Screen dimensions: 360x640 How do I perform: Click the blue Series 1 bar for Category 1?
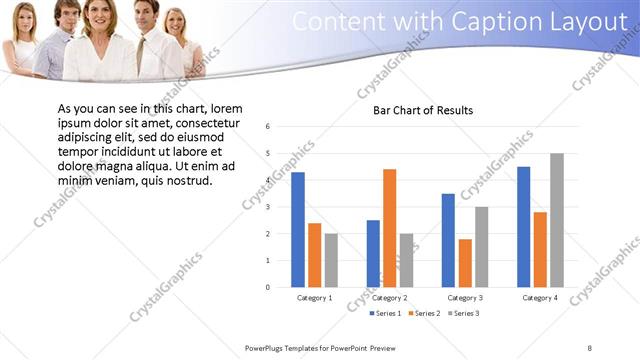click(x=298, y=230)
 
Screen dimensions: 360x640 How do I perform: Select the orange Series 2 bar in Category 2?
click(x=389, y=228)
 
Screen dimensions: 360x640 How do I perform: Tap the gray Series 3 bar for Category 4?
click(x=557, y=220)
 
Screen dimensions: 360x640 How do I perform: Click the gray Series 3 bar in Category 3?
click(x=482, y=247)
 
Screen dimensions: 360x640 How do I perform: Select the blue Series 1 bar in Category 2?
click(x=372, y=253)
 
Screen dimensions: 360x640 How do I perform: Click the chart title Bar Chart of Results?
click(x=423, y=110)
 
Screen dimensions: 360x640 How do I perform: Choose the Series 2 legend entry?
click(x=423, y=314)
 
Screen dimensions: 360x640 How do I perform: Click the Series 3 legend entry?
click(x=463, y=314)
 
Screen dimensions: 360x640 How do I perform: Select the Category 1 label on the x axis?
click(x=315, y=298)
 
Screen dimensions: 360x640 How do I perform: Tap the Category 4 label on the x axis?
click(x=540, y=298)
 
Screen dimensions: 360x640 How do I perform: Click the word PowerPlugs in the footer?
click(x=267, y=348)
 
